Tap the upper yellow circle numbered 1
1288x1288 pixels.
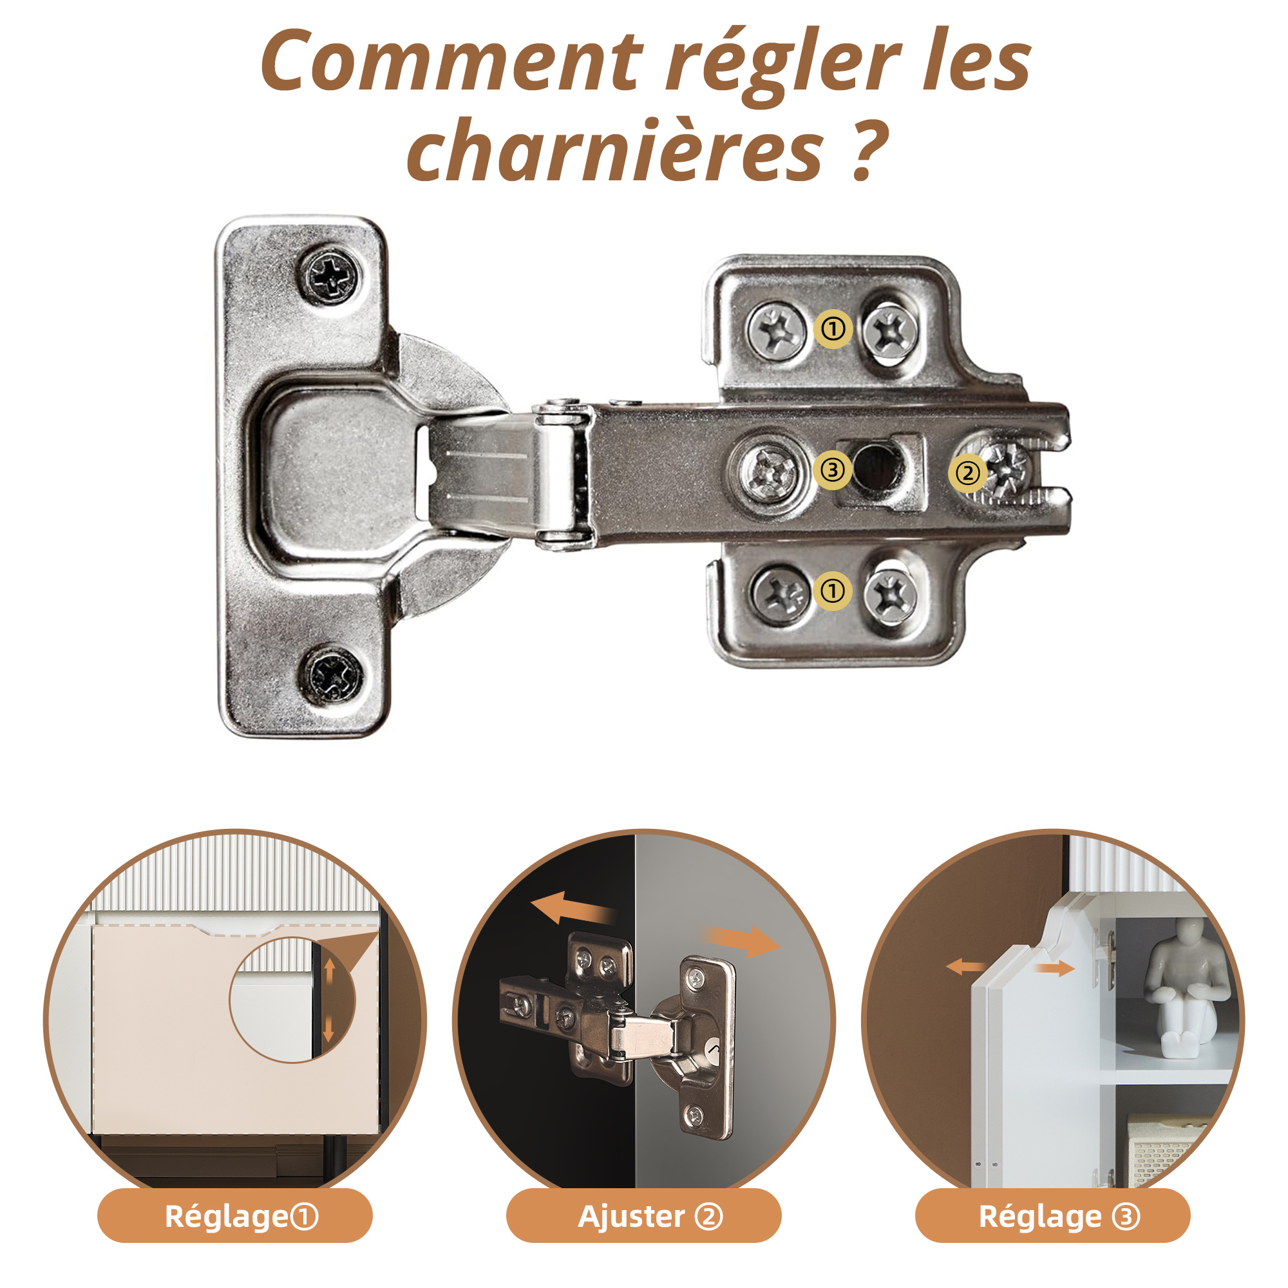[833, 328]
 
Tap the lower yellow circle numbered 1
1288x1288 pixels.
[833, 591]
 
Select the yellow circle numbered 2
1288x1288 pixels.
[968, 473]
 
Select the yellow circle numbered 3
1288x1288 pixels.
[833, 470]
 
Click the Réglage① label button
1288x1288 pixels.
[234, 1216]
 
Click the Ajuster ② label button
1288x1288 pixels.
[643, 1216]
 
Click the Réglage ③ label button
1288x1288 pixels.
[1053, 1216]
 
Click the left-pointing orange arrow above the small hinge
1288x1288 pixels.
[572, 909]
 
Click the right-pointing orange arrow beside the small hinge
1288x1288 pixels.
[741, 940]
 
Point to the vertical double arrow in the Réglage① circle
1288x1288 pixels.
[328, 1001]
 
